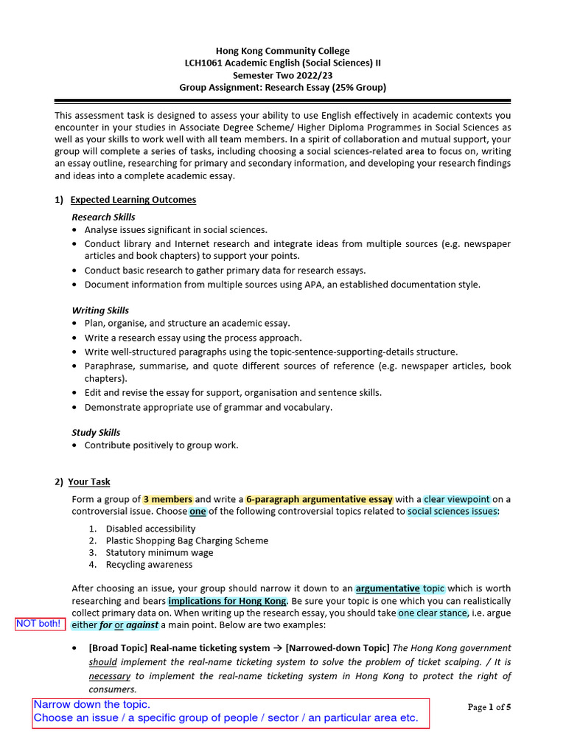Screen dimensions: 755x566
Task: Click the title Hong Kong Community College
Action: tap(283, 51)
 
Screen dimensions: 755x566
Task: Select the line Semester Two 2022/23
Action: tap(283, 75)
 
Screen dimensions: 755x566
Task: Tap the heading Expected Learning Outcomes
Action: tap(133, 200)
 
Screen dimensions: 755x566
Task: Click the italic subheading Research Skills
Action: tap(103, 217)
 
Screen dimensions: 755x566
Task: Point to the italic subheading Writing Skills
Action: tap(100, 310)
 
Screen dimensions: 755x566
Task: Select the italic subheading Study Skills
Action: tap(96, 432)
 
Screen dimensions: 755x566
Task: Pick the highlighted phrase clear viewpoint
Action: tap(457, 499)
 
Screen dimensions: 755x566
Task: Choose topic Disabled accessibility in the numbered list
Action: tap(150, 529)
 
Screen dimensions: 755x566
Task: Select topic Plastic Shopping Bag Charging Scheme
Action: tap(186, 540)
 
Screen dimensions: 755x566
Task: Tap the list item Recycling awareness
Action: tap(149, 564)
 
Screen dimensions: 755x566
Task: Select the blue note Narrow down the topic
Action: tap(91, 705)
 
